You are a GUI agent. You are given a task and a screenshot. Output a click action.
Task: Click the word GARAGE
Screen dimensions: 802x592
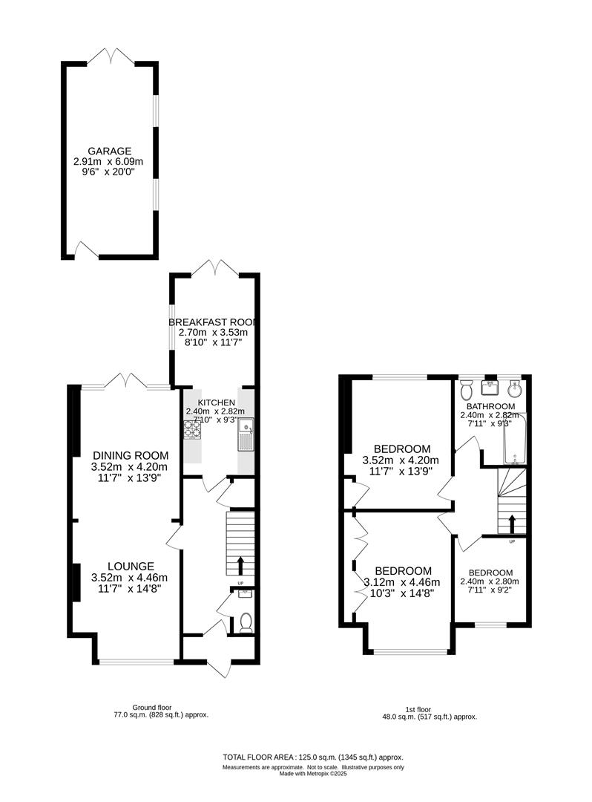pyautogui.click(x=108, y=151)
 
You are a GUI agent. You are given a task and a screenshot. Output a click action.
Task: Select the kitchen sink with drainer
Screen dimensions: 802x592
pyautogui.click(x=246, y=435)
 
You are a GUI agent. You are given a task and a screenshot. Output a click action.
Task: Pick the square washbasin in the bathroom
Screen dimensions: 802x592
pyautogui.click(x=490, y=388)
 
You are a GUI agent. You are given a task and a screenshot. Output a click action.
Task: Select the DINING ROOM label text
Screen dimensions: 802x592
pyautogui.click(x=130, y=455)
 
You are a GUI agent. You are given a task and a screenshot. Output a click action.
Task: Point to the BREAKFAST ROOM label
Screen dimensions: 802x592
pyautogui.click(x=214, y=322)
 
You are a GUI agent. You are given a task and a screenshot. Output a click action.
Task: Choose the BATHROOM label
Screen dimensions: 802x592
pyautogui.click(x=490, y=406)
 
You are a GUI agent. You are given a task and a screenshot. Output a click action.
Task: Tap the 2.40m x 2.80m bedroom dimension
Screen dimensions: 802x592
pyautogui.click(x=490, y=581)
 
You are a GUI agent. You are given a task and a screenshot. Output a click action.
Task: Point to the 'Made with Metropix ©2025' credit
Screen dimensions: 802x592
pyautogui.click(x=313, y=773)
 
